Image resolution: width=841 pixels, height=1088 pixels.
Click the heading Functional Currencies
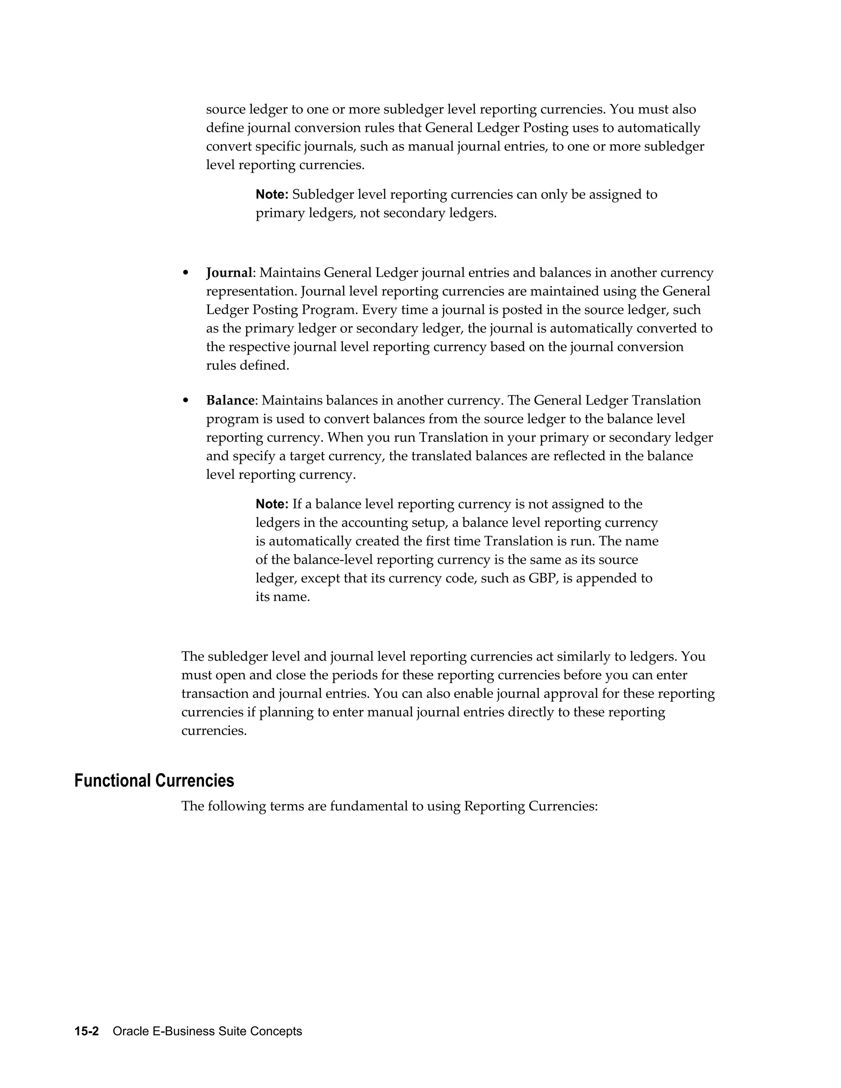(x=154, y=780)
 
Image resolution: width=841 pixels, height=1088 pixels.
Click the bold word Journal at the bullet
(x=229, y=273)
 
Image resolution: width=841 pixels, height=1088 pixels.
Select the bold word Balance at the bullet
(x=230, y=401)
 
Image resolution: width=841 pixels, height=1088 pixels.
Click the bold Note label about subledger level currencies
(x=271, y=195)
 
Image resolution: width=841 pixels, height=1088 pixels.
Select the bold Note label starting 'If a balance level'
(x=271, y=504)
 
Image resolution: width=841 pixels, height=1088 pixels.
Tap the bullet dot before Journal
(x=186, y=273)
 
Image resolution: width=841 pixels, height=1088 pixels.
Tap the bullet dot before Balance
(x=186, y=401)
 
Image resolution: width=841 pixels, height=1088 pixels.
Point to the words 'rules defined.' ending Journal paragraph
(x=248, y=366)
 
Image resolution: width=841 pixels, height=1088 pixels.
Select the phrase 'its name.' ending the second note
(x=283, y=597)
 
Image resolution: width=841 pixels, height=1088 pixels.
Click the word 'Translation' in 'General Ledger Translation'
(x=666, y=401)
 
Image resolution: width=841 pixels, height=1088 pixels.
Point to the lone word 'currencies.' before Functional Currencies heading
(x=214, y=731)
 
